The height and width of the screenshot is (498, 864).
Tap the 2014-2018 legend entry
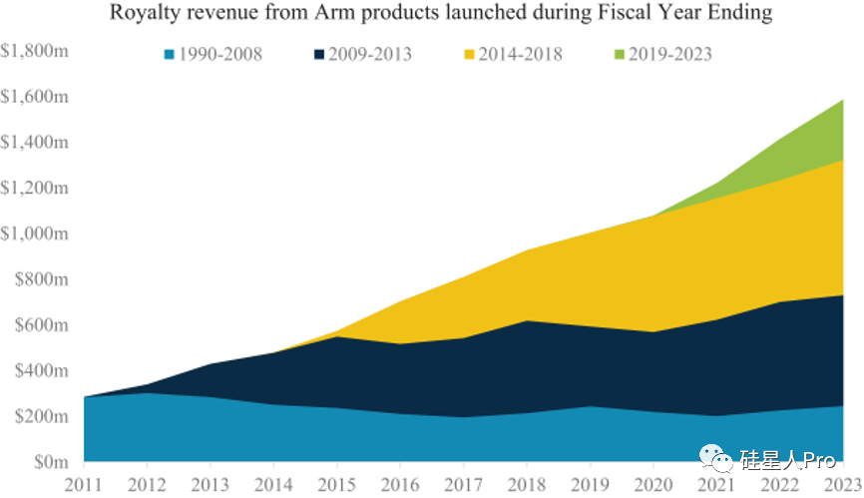[x=521, y=54]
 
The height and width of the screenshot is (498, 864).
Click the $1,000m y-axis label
[x=35, y=234]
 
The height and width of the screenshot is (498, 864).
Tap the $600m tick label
[x=41, y=325]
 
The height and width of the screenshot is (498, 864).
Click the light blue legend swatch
[x=170, y=54]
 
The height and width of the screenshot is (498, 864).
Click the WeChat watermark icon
[x=717, y=460]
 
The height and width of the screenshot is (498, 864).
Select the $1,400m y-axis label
[x=35, y=142]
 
